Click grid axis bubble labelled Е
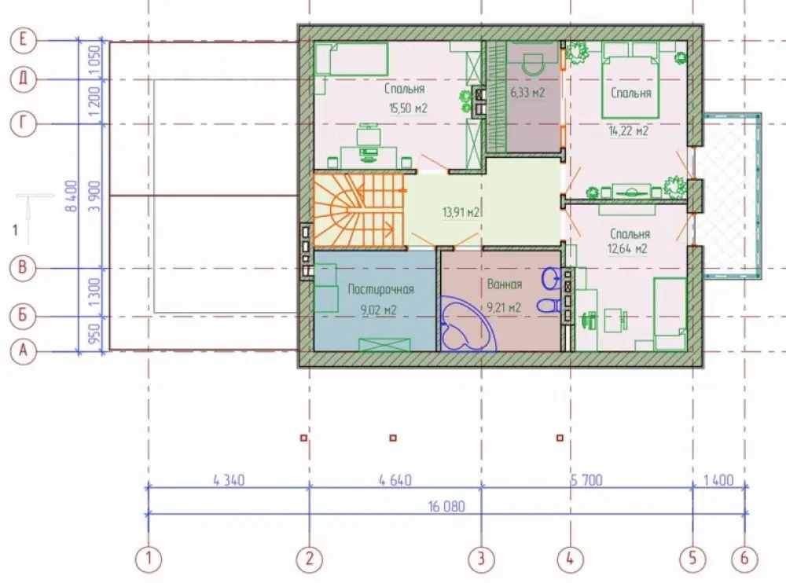(23, 39)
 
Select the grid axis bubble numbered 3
(481, 559)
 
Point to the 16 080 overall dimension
(446, 506)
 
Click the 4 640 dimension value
(395, 480)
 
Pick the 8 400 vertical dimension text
(72, 196)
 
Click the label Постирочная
(381, 289)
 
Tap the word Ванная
(505, 284)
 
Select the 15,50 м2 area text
(408, 108)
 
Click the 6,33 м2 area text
(527, 93)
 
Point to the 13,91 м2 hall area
(461, 212)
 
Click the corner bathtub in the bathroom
(467, 324)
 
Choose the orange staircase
(359, 210)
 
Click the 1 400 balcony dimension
(718, 480)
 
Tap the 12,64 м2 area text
(627, 248)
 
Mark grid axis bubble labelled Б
(23, 316)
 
